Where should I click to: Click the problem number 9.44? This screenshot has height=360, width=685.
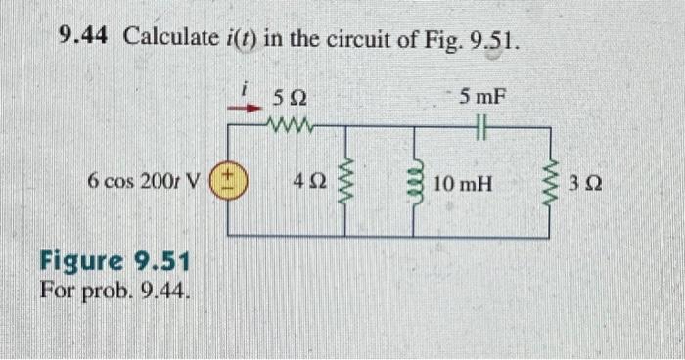[85, 39]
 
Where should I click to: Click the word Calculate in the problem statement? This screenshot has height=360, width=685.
[167, 39]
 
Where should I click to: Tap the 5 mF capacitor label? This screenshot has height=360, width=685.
[484, 97]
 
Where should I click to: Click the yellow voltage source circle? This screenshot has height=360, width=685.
[228, 181]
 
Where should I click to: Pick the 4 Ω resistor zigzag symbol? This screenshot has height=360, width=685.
[343, 181]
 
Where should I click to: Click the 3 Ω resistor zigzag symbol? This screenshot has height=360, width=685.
[549, 181]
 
